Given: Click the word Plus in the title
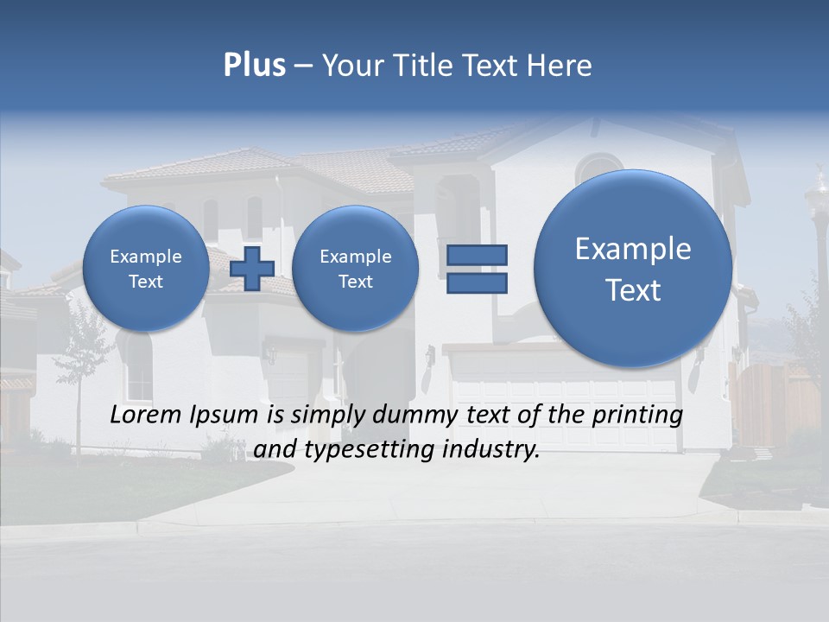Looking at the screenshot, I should [254, 66].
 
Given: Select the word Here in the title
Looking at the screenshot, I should [560, 66].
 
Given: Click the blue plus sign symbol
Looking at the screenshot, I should [252, 268].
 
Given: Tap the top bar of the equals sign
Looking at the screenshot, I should [477, 255].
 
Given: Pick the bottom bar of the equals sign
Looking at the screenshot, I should [477, 282].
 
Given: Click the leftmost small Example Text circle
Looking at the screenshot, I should [146, 268].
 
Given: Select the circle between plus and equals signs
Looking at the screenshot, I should [355, 268].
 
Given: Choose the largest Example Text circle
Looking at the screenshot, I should [633, 268].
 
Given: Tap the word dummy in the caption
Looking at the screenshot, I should [416, 415].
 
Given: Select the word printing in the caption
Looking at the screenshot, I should [637, 415].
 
